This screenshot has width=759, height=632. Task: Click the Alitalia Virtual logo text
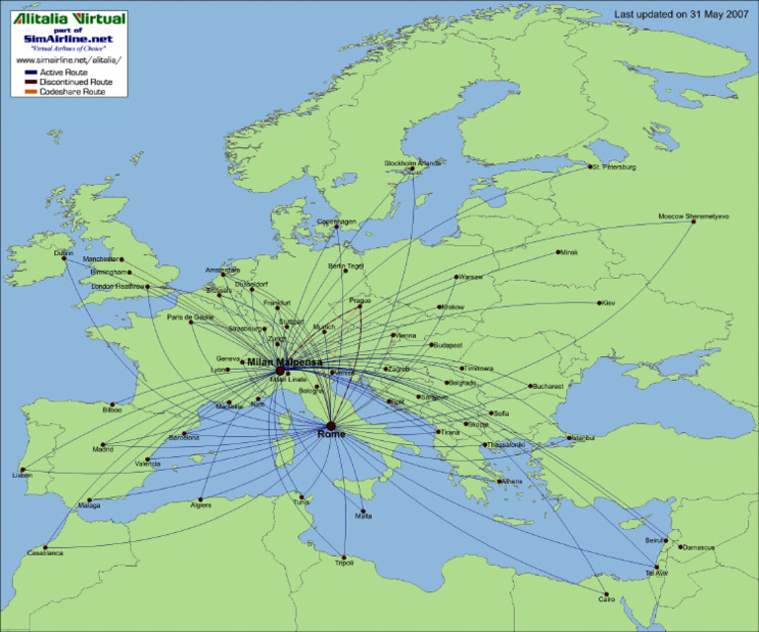pyautogui.click(x=69, y=18)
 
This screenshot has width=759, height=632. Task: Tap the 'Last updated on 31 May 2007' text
pyautogui.click(x=681, y=15)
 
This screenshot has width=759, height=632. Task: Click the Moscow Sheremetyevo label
pyautogui.click(x=693, y=217)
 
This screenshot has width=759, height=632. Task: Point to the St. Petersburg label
pyautogui.click(x=614, y=167)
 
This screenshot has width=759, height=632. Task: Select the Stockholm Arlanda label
pyautogui.click(x=413, y=162)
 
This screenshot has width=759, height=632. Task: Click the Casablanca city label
pyautogui.click(x=45, y=553)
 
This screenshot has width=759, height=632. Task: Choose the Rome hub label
pyautogui.click(x=332, y=434)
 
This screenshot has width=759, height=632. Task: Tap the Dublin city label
pyautogui.click(x=63, y=252)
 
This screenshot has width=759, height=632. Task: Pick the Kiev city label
pyautogui.click(x=608, y=303)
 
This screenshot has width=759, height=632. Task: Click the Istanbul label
pyautogui.click(x=581, y=437)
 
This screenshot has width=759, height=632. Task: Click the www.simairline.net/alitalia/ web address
pyautogui.click(x=67, y=60)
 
